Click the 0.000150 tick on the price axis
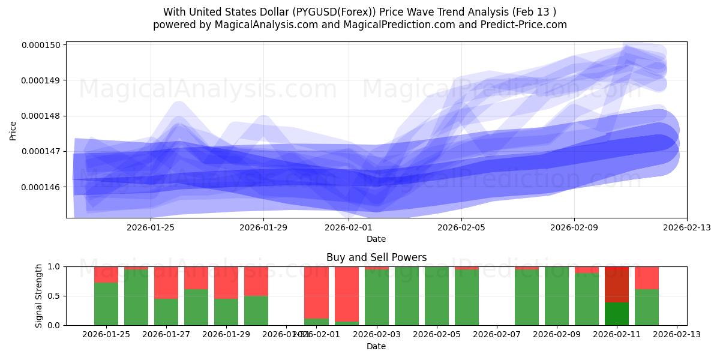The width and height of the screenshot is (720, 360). pos(43,45)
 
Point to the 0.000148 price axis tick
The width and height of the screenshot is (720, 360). pos(43,116)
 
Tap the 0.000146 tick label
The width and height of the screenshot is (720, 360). pos(43,187)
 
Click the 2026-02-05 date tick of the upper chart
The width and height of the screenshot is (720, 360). pos(461,227)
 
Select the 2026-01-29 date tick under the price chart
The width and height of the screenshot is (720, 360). pos(263,227)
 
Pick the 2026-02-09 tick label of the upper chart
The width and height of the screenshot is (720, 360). pos(574,227)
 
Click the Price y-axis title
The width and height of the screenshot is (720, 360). pos(13,130)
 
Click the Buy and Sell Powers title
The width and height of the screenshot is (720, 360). pos(376,257)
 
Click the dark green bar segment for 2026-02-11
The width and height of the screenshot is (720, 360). pos(616,313)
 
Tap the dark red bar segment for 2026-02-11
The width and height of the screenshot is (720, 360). pos(616,284)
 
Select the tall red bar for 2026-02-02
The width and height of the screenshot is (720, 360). pos(346,293)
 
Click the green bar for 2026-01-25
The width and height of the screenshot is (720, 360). pos(106,304)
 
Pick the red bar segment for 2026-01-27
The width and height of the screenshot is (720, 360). pos(166,282)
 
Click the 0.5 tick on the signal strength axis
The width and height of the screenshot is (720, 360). pos(53,296)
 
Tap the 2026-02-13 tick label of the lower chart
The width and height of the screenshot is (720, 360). pos(677,335)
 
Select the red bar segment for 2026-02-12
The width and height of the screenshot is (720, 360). pos(646,277)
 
